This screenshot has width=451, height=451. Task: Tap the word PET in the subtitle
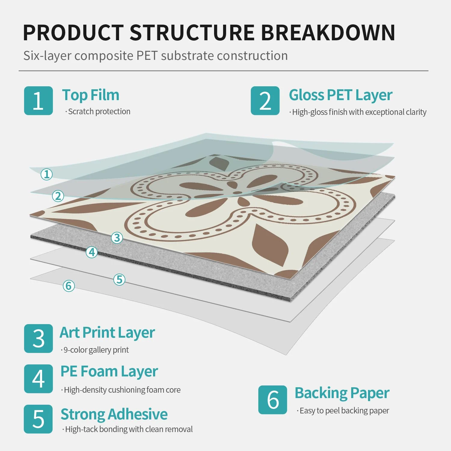pos(147,56)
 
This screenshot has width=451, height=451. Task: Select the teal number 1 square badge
pos(38,101)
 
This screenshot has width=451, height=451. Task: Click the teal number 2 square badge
pos(265,101)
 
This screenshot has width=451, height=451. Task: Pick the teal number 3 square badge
pos(38,338)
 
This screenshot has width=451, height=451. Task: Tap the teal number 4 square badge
pos(38,379)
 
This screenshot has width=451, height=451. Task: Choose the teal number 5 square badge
pos(38,419)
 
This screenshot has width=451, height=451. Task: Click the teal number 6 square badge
pos(272,400)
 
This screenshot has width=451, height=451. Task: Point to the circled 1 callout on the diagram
pos(47,174)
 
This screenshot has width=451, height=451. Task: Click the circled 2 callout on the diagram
pos(58,196)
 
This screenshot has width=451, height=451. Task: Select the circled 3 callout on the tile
pos(117,238)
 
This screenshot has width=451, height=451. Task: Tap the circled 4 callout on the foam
pos(92,252)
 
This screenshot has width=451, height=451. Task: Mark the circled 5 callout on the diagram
pos(119,279)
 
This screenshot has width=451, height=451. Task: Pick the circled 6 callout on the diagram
pos(69,286)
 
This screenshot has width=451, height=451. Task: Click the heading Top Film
pos(91,95)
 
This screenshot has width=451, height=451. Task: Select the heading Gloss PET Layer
pos(340,95)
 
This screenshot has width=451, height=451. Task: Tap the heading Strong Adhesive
pos(114,414)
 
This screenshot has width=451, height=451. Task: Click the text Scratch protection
pos(99,112)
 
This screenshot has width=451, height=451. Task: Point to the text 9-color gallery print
pos(96,350)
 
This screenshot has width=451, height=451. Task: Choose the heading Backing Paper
pos(342,393)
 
